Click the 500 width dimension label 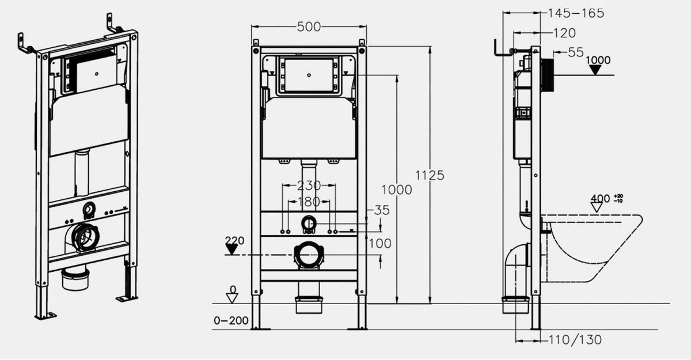309,27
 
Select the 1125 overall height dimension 430,175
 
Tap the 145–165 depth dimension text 576,13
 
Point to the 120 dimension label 564,33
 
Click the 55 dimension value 576,52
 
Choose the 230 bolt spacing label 309,185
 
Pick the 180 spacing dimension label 309,202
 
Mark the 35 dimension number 382,210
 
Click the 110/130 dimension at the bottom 575,340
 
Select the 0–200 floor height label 231,321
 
